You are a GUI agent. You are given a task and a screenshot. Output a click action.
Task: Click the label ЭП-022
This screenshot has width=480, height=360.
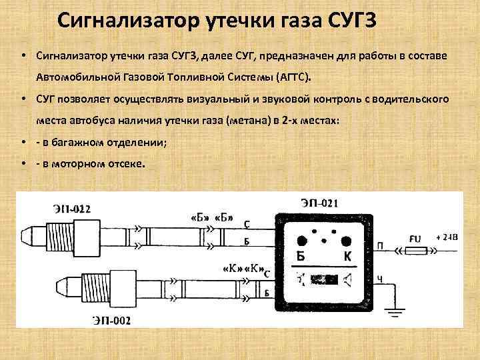click(x=71, y=209)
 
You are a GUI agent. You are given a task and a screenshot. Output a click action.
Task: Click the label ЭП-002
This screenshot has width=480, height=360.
click(x=111, y=321)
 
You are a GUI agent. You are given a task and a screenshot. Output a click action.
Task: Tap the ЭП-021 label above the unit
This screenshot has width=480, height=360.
click(x=319, y=203)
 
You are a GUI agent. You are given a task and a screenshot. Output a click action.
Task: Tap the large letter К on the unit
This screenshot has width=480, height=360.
click(x=347, y=256)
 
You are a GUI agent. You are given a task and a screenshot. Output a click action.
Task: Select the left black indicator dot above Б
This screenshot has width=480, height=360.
click(x=302, y=241)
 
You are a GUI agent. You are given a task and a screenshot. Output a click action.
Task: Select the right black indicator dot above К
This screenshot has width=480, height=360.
click(x=346, y=241)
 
